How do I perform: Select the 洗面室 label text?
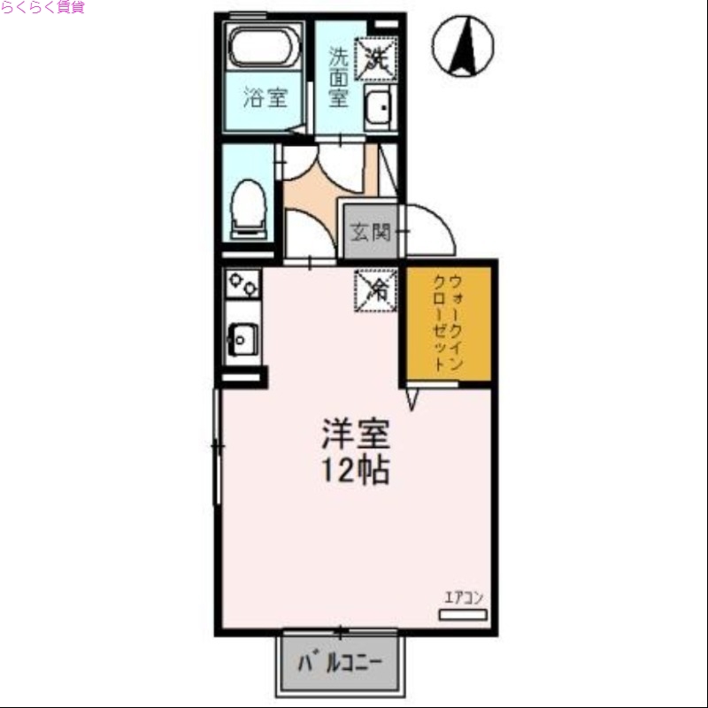340,77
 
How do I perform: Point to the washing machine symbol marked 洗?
375,58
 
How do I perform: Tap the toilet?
248,209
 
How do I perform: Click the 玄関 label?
371,233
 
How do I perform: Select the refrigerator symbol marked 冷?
377,289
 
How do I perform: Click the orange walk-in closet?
449,324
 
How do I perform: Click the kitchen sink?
241,336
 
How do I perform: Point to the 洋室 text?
355,435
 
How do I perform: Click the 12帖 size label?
355,471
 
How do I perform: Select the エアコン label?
464,596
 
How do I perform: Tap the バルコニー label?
341,663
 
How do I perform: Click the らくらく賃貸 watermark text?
42,8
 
